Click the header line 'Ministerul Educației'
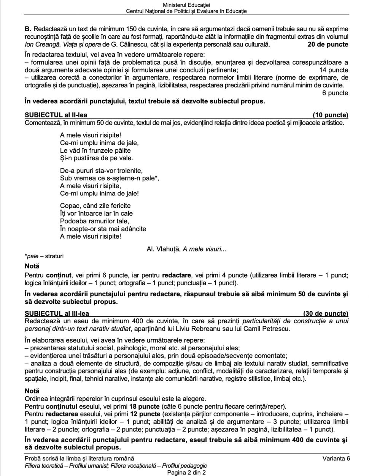coord(186,5)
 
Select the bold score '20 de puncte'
coord(328,44)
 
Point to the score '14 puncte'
coord(334,70)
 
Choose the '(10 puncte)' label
coord(330,115)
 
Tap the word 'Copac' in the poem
coord(68,206)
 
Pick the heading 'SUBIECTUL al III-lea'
coord(57,313)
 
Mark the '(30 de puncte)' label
coord(326,313)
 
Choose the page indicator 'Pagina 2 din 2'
coord(186,473)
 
